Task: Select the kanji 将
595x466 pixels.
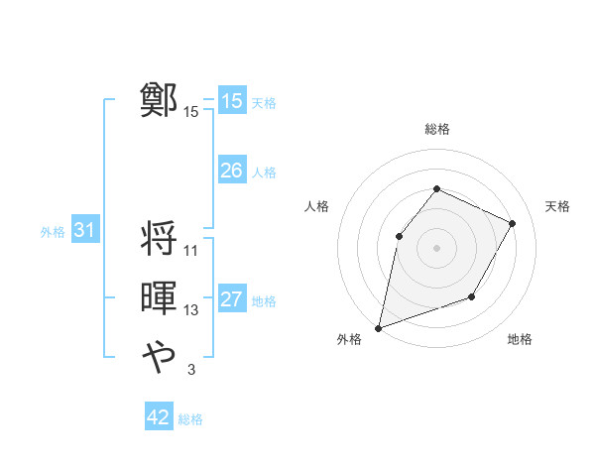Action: (159, 239)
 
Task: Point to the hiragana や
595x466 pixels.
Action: (159, 355)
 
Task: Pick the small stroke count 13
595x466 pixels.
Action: (191, 310)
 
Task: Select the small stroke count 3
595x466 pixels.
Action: (190, 370)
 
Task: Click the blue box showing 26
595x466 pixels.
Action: (231, 171)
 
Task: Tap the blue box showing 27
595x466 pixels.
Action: (231, 299)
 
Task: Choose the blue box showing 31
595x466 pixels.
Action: (84, 231)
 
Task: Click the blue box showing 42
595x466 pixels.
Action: (158, 417)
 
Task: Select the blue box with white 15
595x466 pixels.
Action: (231, 101)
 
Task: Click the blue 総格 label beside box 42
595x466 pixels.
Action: (190, 419)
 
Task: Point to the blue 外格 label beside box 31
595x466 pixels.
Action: (53, 232)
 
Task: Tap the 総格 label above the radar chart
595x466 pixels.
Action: (436, 129)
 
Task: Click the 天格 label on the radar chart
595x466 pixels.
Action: (557, 206)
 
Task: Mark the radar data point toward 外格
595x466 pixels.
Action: (378, 327)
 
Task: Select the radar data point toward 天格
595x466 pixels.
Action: (512, 223)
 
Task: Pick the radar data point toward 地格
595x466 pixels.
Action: (472, 296)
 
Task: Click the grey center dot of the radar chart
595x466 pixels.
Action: (436, 247)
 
